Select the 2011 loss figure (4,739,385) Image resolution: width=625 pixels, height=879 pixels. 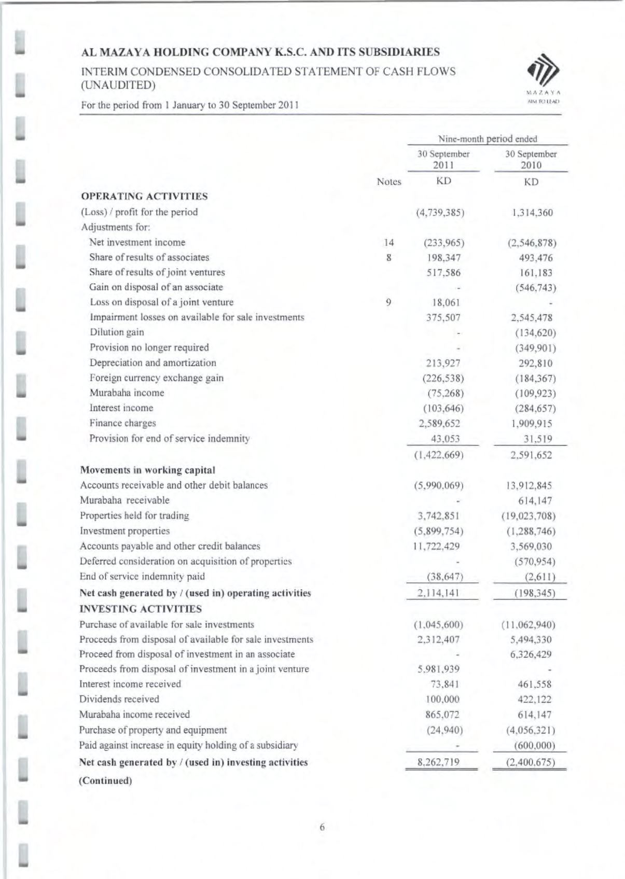coord(440,213)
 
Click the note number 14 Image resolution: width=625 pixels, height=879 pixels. coord(388,243)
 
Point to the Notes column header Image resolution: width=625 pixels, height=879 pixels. coord(388,182)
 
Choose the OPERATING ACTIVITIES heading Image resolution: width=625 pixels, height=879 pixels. coord(144,197)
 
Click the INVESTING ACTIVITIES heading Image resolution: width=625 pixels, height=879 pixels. coord(141,609)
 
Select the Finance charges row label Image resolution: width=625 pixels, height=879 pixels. coord(122,423)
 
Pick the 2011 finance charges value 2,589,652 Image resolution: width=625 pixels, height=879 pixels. coord(440,424)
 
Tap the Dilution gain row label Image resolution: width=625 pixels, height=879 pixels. coord(117,332)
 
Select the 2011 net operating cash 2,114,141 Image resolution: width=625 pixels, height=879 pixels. coord(439,593)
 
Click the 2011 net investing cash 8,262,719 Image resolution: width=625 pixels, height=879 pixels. coord(439,762)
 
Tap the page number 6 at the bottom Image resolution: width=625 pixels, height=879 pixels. coord(322,827)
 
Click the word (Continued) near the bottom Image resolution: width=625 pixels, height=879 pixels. coord(105,780)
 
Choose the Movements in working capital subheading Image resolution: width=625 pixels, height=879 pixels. coord(147,470)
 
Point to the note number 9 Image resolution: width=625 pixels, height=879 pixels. coord(388,302)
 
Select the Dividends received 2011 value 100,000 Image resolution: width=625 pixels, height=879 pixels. coord(442,700)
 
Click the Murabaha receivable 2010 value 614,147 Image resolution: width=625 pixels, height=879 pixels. coord(535,501)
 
